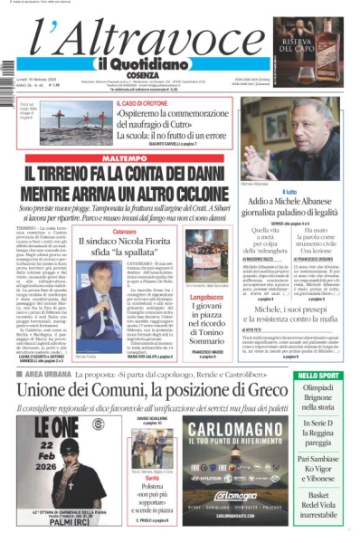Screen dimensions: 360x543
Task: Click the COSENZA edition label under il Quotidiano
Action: [134, 74]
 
